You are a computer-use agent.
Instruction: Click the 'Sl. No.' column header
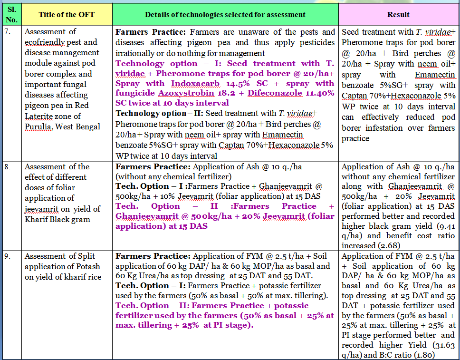pyautogui.click(x=11, y=14)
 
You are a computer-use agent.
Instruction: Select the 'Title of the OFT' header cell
pyautogui.click(x=67, y=14)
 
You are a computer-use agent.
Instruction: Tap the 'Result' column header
pyautogui.click(x=398, y=14)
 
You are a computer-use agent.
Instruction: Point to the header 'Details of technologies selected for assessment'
pyautogui.click(x=225, y=14)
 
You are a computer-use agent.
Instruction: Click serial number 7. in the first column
pyautogui.click(x=8, y=31)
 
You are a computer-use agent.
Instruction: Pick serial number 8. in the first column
pyautogui.click(x=8, y=167)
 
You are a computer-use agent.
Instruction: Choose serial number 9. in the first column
pyautogui.click(x=8, y=256)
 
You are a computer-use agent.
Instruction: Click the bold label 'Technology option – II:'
pyautogui.click(x=153, y=113)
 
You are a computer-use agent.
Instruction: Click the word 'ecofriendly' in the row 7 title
pyautogui.click(x=46, y=42)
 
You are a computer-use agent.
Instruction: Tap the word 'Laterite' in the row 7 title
pyautogui.click(x=39, y=116)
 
